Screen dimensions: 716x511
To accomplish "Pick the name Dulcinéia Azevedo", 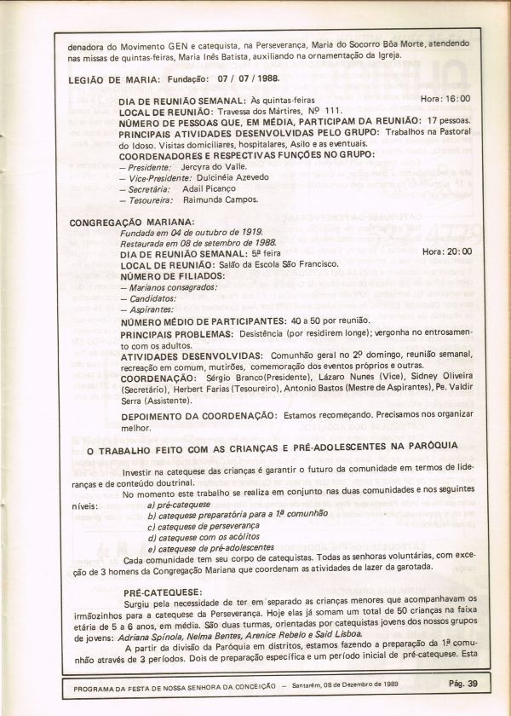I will point(233,178).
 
